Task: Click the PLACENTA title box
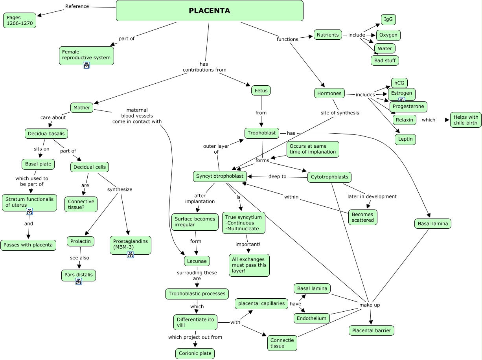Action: pos(210,11)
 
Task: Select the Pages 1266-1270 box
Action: pos(20,20)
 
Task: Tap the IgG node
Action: pos(388,20)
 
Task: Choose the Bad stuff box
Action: pos(385,61)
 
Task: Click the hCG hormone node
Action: pos(399,83)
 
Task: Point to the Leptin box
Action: pos(405,139)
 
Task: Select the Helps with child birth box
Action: pos(466,120)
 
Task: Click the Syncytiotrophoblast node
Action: pos(220,176)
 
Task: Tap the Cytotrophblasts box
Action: pos(329,177)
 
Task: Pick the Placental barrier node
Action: pos(372,331)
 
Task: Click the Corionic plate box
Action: pos(195,353)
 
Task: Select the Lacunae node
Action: pos(197,261)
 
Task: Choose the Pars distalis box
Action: pos(79,275)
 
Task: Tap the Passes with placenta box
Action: pos(28,245)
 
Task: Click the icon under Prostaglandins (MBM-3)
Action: pos(131,255)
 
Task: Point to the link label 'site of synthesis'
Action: pos(340,113)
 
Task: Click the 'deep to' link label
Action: pos(277,176)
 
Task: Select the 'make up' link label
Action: pos(370,305)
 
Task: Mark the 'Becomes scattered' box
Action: pos(363,217)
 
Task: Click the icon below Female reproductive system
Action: pos(86,65)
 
